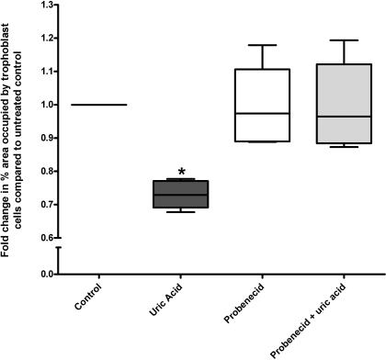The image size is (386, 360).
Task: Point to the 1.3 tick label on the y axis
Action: pos(43,5)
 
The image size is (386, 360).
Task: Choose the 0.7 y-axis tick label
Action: pos(43,205)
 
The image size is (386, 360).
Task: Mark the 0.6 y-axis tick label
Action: pos(43,238)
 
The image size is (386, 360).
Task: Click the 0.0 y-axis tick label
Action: pos(43,274)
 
